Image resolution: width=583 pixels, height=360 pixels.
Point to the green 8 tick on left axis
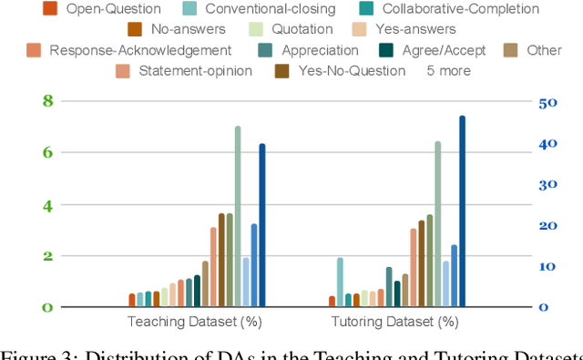tap(48, 101)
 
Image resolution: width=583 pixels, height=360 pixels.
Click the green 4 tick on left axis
tap(48, 204)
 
